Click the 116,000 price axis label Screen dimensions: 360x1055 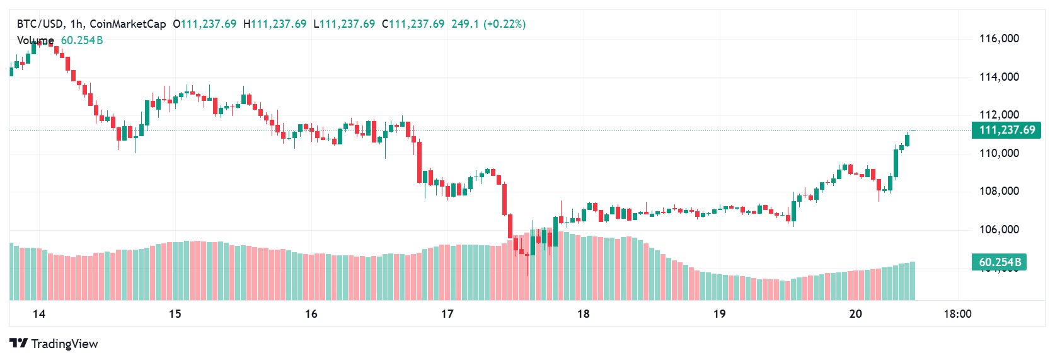pos(999,38)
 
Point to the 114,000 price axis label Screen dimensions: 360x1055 pos(999,77)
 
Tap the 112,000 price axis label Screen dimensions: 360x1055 pos(999,115)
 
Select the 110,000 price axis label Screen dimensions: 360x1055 pos(999,153)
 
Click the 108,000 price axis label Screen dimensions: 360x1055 pos(999,191)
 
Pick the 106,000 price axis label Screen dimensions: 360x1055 pos(999,229)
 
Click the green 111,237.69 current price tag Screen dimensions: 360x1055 pos(1006,130)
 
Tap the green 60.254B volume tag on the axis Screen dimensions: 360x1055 pos(1000,262)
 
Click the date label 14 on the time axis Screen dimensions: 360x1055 pos(39,314)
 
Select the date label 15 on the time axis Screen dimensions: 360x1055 pos(175,314)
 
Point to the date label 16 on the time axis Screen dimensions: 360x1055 pos(311,314)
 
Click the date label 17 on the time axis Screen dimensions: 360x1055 pos(447,314)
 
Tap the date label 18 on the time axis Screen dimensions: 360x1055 pos(584,314)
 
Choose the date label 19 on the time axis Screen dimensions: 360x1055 pos(720,314)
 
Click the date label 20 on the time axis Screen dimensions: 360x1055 pos(856,314)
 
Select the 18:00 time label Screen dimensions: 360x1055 pos(957,314)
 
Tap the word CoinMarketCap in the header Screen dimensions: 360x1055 pos(128,24)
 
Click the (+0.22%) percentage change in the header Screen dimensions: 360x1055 pos(504,24)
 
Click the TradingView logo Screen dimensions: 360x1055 pos(54,344)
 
